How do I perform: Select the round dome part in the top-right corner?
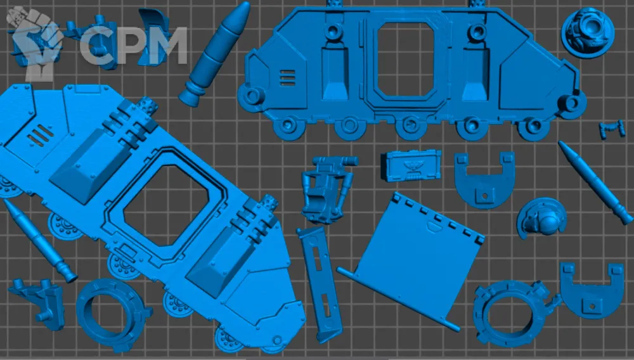588,32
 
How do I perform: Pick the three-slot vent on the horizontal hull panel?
287,78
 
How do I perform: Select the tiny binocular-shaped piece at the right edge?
612,129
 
